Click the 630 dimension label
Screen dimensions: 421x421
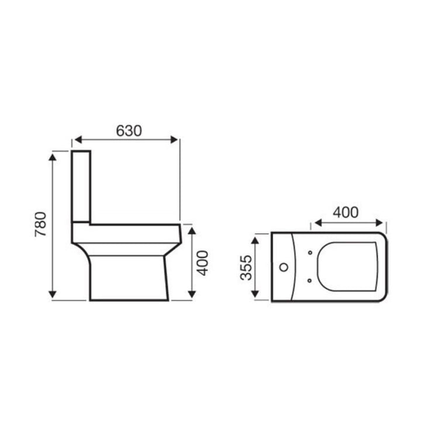click(129, 131)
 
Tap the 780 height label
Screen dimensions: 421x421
click(41, 225)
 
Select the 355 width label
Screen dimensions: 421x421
click(246, 267)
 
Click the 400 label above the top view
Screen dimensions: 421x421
click(346, 212)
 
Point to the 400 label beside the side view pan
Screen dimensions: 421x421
click(203, 263)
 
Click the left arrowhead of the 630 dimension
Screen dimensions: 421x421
click(78, 140)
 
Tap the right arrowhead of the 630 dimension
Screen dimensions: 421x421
click(174, 140)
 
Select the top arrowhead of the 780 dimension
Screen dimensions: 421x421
click(53, 157)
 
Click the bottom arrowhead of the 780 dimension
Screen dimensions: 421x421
click(53, 294)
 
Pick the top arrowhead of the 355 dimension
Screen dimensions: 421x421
click(255, 240)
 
